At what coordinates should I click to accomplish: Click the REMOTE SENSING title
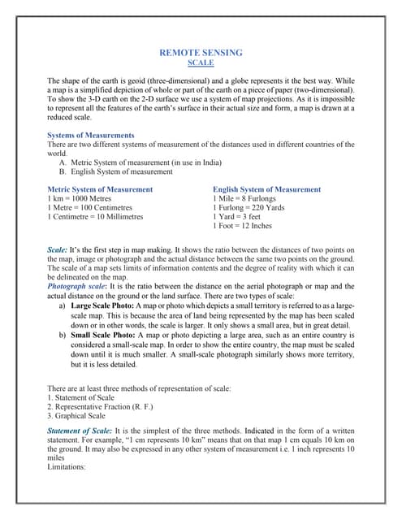(x=201, y=53)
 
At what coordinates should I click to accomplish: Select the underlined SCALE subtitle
(x=201, y=63)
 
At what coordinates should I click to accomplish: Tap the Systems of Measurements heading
(x=91, y=135)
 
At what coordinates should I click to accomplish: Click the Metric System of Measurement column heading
(x=100, y=189)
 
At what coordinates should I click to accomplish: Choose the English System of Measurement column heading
(x=266, y=189)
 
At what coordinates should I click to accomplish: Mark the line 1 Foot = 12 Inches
(x=242, y=226)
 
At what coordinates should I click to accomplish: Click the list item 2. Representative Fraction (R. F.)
(x=101, y=406)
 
